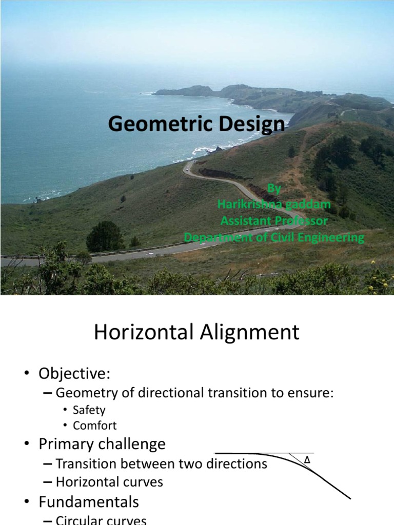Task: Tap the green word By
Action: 274,189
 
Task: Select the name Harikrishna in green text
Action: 250,205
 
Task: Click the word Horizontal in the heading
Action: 141,333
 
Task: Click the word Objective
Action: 74,374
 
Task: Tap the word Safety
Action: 89,410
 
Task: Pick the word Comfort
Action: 94,426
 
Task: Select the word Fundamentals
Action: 88,500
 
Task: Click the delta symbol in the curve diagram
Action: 307,460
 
